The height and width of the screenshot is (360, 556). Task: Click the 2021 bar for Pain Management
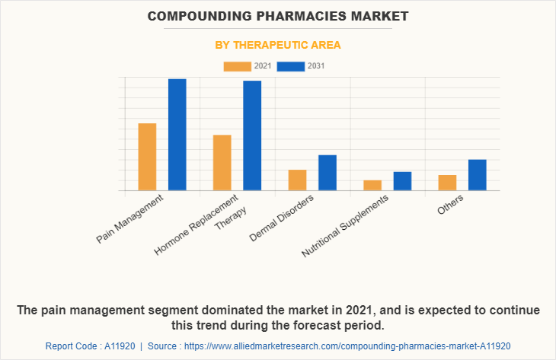[147, 157]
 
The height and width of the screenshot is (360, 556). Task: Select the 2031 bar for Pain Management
[177, 135]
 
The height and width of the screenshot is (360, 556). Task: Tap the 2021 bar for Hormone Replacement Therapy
[222, 163]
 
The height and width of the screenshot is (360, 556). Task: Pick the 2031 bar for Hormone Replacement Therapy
[252, 135]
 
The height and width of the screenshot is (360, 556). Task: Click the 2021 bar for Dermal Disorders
[297, 180]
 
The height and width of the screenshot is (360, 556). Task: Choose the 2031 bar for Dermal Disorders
[328, 173]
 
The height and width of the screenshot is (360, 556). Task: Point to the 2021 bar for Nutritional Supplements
[372, 186]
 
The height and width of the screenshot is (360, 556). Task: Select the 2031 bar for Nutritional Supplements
[402, 181]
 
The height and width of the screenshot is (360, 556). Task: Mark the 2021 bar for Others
[447, 183]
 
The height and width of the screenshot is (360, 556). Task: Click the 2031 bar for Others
[478, 175]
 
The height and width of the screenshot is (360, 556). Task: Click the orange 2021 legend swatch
[237, 66]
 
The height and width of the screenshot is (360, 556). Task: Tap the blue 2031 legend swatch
[291, 66]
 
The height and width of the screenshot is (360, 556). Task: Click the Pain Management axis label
[130, 219]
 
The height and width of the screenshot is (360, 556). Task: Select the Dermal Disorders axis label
[283, 218]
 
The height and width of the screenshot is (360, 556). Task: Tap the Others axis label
[451, 204]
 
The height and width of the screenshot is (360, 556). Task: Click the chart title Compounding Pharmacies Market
[278, 15]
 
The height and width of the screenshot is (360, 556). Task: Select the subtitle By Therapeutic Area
[278, 45]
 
